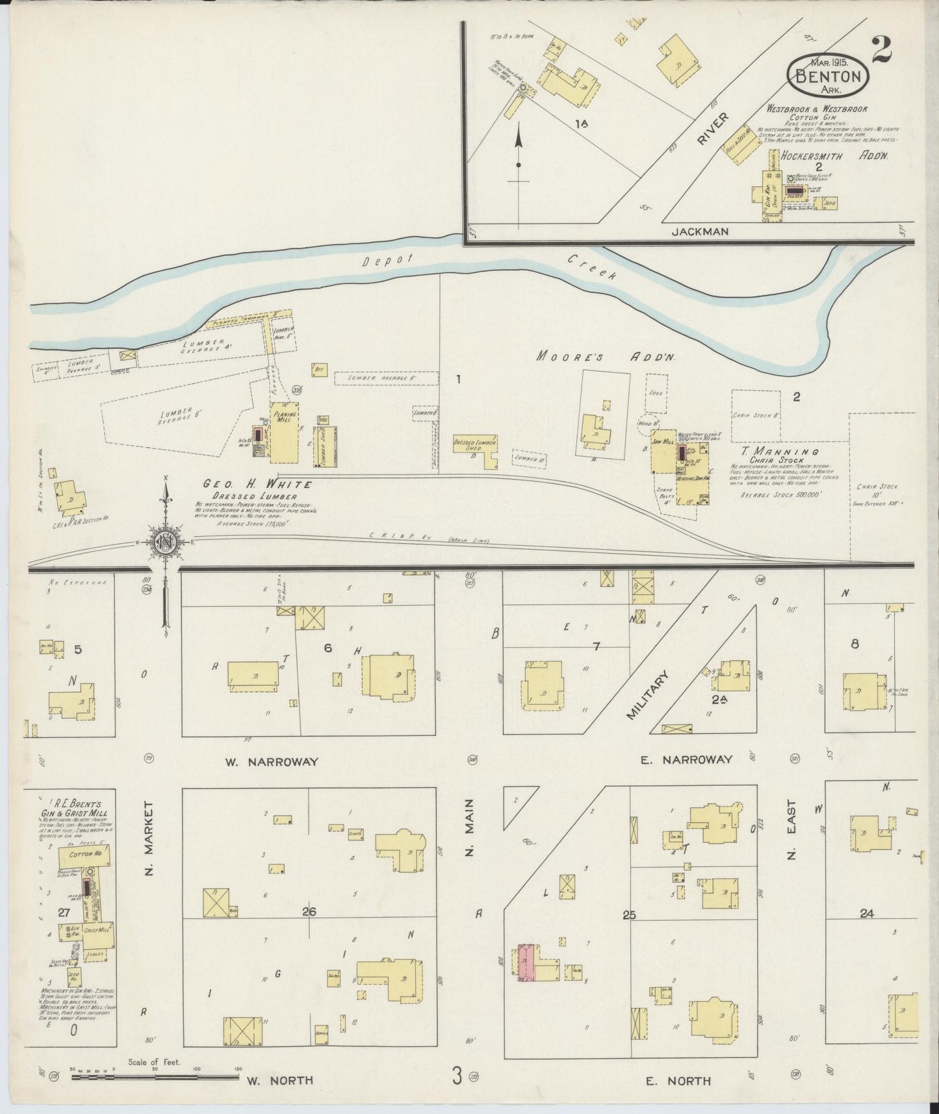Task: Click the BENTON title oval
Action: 827,75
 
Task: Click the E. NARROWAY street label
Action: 686,759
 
